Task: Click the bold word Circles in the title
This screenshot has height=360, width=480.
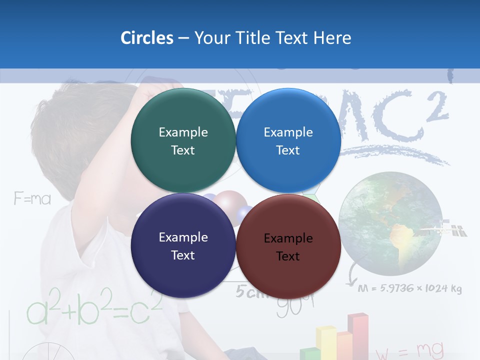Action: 147,38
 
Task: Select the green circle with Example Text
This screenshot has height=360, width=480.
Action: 183,140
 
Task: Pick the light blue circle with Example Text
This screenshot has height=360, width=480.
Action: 288,140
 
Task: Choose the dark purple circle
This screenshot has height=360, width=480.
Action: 183,245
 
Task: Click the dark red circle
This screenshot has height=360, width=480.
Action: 288,246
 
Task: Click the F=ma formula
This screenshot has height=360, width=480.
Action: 32,199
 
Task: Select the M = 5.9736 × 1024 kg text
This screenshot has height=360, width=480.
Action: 410,288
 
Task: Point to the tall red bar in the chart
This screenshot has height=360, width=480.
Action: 358,335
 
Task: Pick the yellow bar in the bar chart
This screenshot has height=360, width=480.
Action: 325,342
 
